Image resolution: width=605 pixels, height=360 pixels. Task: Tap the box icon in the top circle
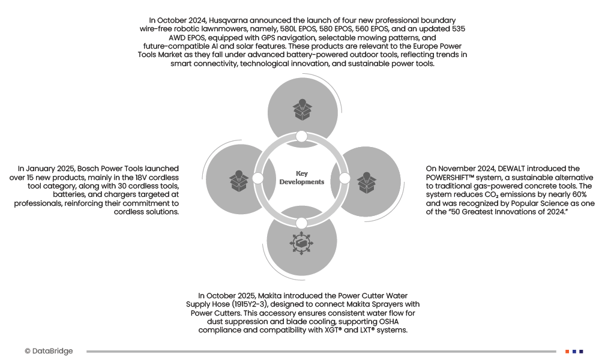(x=302, y=108)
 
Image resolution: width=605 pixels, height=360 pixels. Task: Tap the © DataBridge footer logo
(x=49, y=351)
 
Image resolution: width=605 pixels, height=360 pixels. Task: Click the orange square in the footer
(x=567, y=351)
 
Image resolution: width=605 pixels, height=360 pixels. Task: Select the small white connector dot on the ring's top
(x=301, y=137)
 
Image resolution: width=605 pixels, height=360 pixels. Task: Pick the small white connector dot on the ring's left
(x=258, y=178)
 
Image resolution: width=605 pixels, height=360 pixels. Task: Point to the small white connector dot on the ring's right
(x=345, y=178)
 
